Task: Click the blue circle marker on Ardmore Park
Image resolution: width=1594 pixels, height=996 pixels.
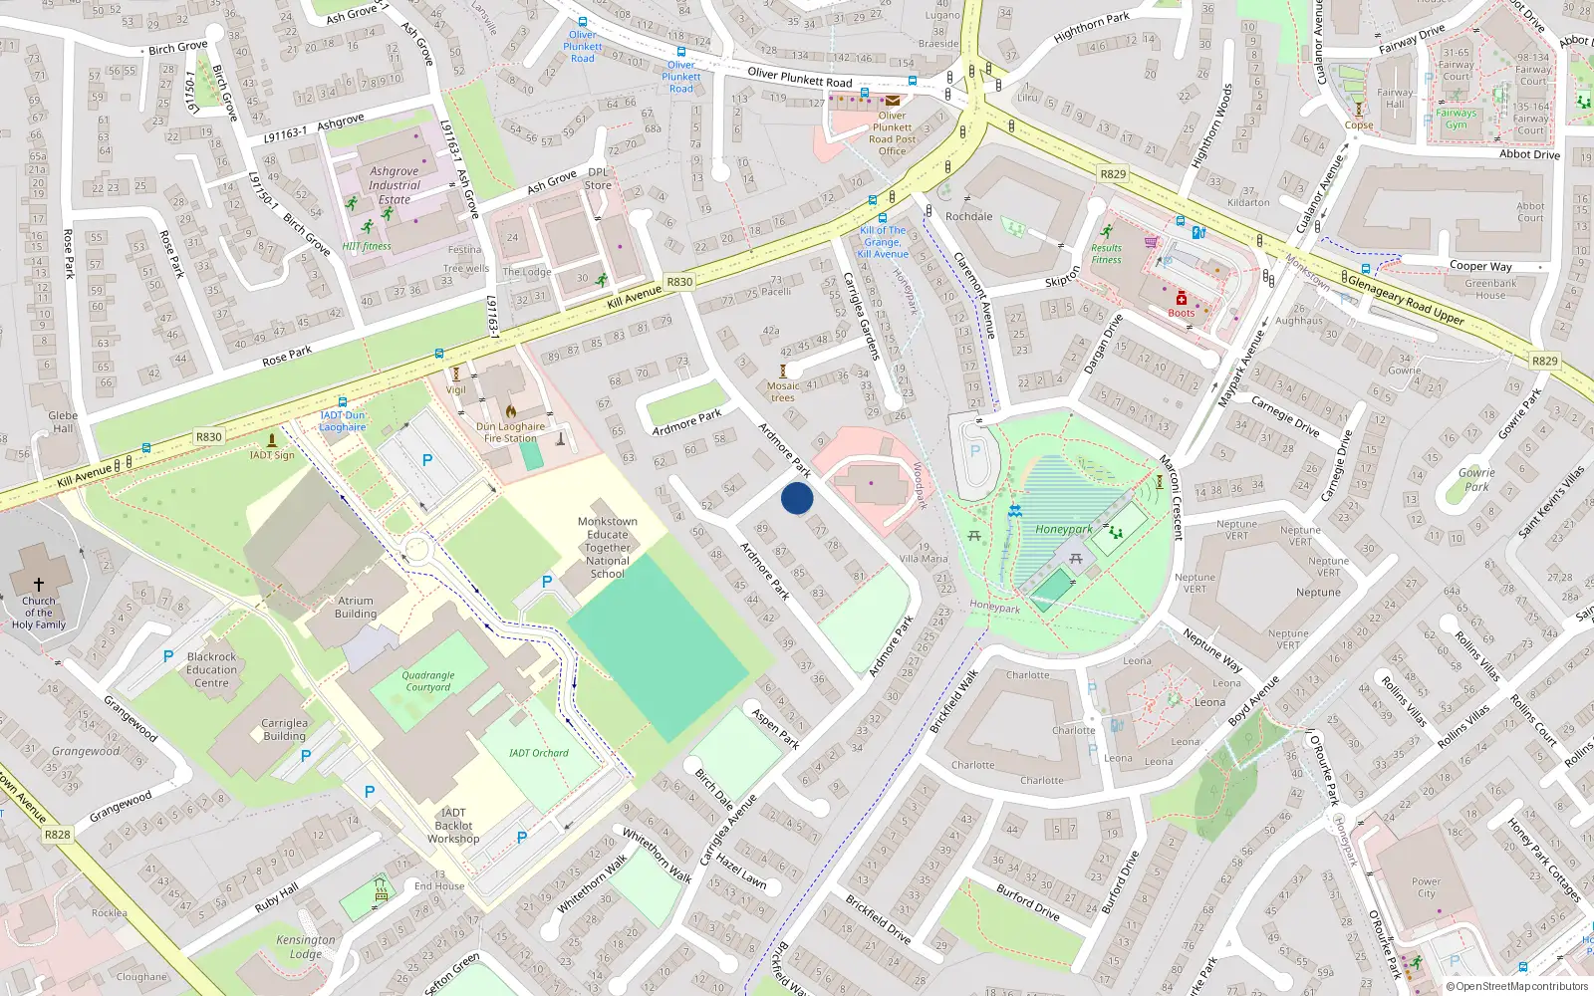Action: [x=797, y=498]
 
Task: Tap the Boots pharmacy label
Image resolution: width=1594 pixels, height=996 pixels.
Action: [x=1182, y=313]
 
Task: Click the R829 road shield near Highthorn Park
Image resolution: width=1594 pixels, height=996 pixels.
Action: [x=1113, y=174]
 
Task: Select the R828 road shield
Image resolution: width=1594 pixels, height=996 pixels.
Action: [x=58, y=835]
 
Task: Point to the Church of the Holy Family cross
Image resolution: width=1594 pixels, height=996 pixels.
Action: [x=39, y=585]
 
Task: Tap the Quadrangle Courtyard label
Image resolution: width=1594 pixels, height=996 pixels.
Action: [x=428, y=681]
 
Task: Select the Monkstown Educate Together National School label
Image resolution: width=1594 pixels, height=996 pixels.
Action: [x=608, y=548]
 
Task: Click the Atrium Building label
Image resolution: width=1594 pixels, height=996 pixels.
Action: [x=356, y=608]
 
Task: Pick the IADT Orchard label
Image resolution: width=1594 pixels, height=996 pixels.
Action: [x=538, y=753]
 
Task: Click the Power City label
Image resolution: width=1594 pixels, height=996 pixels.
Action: [x=1426, y=887]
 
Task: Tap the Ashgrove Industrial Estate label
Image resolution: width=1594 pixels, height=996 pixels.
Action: [x=395, y=185]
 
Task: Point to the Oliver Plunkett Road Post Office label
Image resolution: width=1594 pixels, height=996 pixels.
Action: [x=892, y=133]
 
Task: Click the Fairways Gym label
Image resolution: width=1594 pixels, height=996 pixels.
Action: [x=1457, y=119]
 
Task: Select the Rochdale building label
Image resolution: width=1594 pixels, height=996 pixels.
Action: [x=968, y=216]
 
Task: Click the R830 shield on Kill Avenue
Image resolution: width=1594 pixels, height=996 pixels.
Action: [x=208, y=437]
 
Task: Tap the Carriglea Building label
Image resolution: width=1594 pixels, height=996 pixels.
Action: [x=285, y=730]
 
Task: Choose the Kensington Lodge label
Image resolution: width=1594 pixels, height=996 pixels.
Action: [x=306, y=946]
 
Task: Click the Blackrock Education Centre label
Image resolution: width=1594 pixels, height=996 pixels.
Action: [x=211, y=670]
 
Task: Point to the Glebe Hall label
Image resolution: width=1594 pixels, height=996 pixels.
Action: [x=62, y=422]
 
